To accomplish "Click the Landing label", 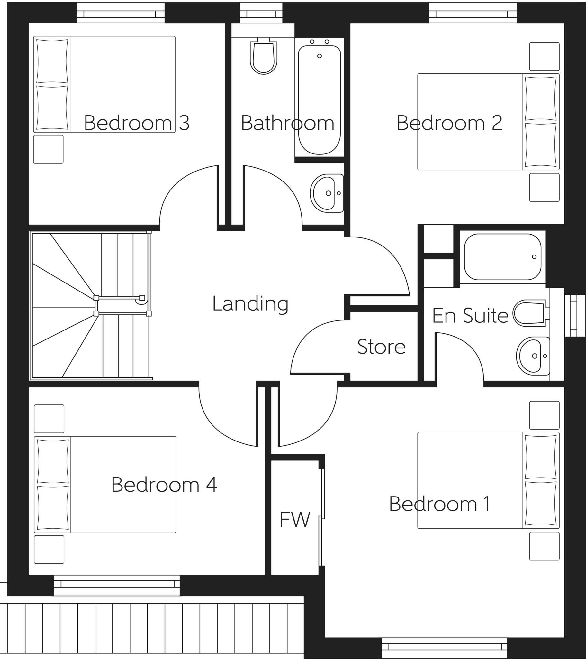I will [250, 304].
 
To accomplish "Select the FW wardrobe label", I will [294, 520].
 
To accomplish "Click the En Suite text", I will [470, 316].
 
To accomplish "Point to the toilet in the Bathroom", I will [264, 56].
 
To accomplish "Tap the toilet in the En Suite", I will [530, 313].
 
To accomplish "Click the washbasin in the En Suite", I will [533, 356].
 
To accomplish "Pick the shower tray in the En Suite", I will [502, 257].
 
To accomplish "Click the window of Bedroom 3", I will [121, 14].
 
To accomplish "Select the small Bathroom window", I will [261, 14].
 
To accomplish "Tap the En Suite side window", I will [573, 312].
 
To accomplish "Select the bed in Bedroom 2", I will [488, 122].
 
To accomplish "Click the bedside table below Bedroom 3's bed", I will [48, 149].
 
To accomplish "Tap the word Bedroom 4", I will [164, 485].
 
